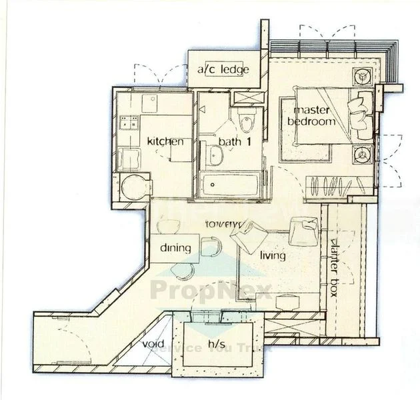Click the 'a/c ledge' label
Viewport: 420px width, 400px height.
223,69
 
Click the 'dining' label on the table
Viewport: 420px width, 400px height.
175,248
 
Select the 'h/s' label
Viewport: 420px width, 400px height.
215,345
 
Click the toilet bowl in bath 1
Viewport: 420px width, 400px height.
246,123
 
